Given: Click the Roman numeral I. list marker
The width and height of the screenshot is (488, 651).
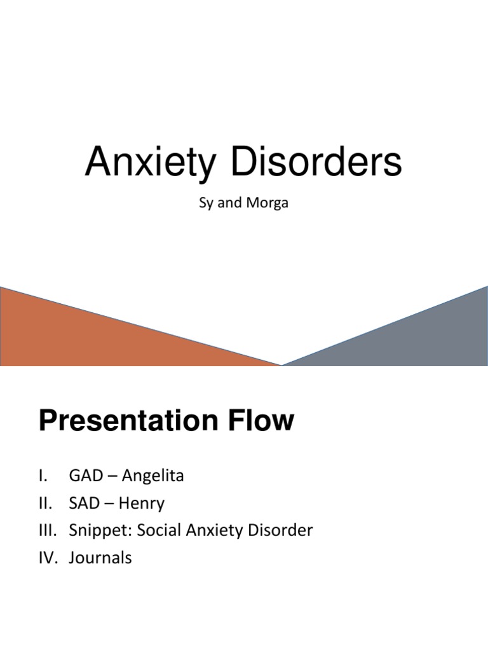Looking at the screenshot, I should coord(43,476).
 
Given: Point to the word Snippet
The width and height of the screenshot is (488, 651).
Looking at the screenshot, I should coord(94,531).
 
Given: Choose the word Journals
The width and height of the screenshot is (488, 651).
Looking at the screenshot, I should coord(100,558).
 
